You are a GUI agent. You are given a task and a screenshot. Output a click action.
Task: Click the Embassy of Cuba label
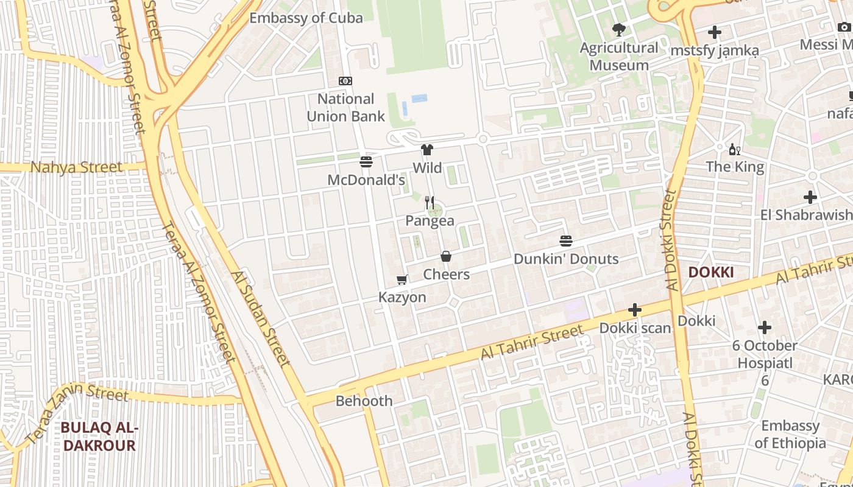(306, 18)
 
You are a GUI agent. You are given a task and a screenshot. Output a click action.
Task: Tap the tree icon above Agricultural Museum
(619, 29)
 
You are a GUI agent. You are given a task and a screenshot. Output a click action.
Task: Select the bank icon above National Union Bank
(345, 81)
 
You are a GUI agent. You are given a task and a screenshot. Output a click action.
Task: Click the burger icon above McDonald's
(366, 162)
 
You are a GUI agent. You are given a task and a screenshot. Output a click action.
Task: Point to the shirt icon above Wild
(426, 150)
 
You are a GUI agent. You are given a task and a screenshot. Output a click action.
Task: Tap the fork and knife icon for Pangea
(430, 203)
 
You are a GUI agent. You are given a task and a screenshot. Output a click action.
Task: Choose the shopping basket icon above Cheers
(446, 256)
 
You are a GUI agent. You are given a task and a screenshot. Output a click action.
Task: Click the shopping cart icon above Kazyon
(402, 280)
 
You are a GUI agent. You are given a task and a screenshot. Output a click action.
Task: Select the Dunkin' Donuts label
(566, 259)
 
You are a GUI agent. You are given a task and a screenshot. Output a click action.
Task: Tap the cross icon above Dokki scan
(635, 310)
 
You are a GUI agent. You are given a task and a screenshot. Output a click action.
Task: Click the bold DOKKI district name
(710, 272)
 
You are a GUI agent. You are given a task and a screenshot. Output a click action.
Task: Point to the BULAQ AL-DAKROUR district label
(99, 437)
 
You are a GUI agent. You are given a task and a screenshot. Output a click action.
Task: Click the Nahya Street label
(76, 167)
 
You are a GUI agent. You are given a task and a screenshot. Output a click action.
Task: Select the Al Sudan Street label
(261, 318)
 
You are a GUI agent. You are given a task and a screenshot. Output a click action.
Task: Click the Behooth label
(364, 401)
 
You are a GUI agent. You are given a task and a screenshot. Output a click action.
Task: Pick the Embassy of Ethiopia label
(790, 434)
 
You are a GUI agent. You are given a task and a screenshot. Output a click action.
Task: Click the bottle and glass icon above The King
(735, 149)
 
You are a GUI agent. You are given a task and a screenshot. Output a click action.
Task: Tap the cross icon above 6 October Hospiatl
(765, 328)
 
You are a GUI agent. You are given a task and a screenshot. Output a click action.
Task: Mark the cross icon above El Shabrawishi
(810, 197)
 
